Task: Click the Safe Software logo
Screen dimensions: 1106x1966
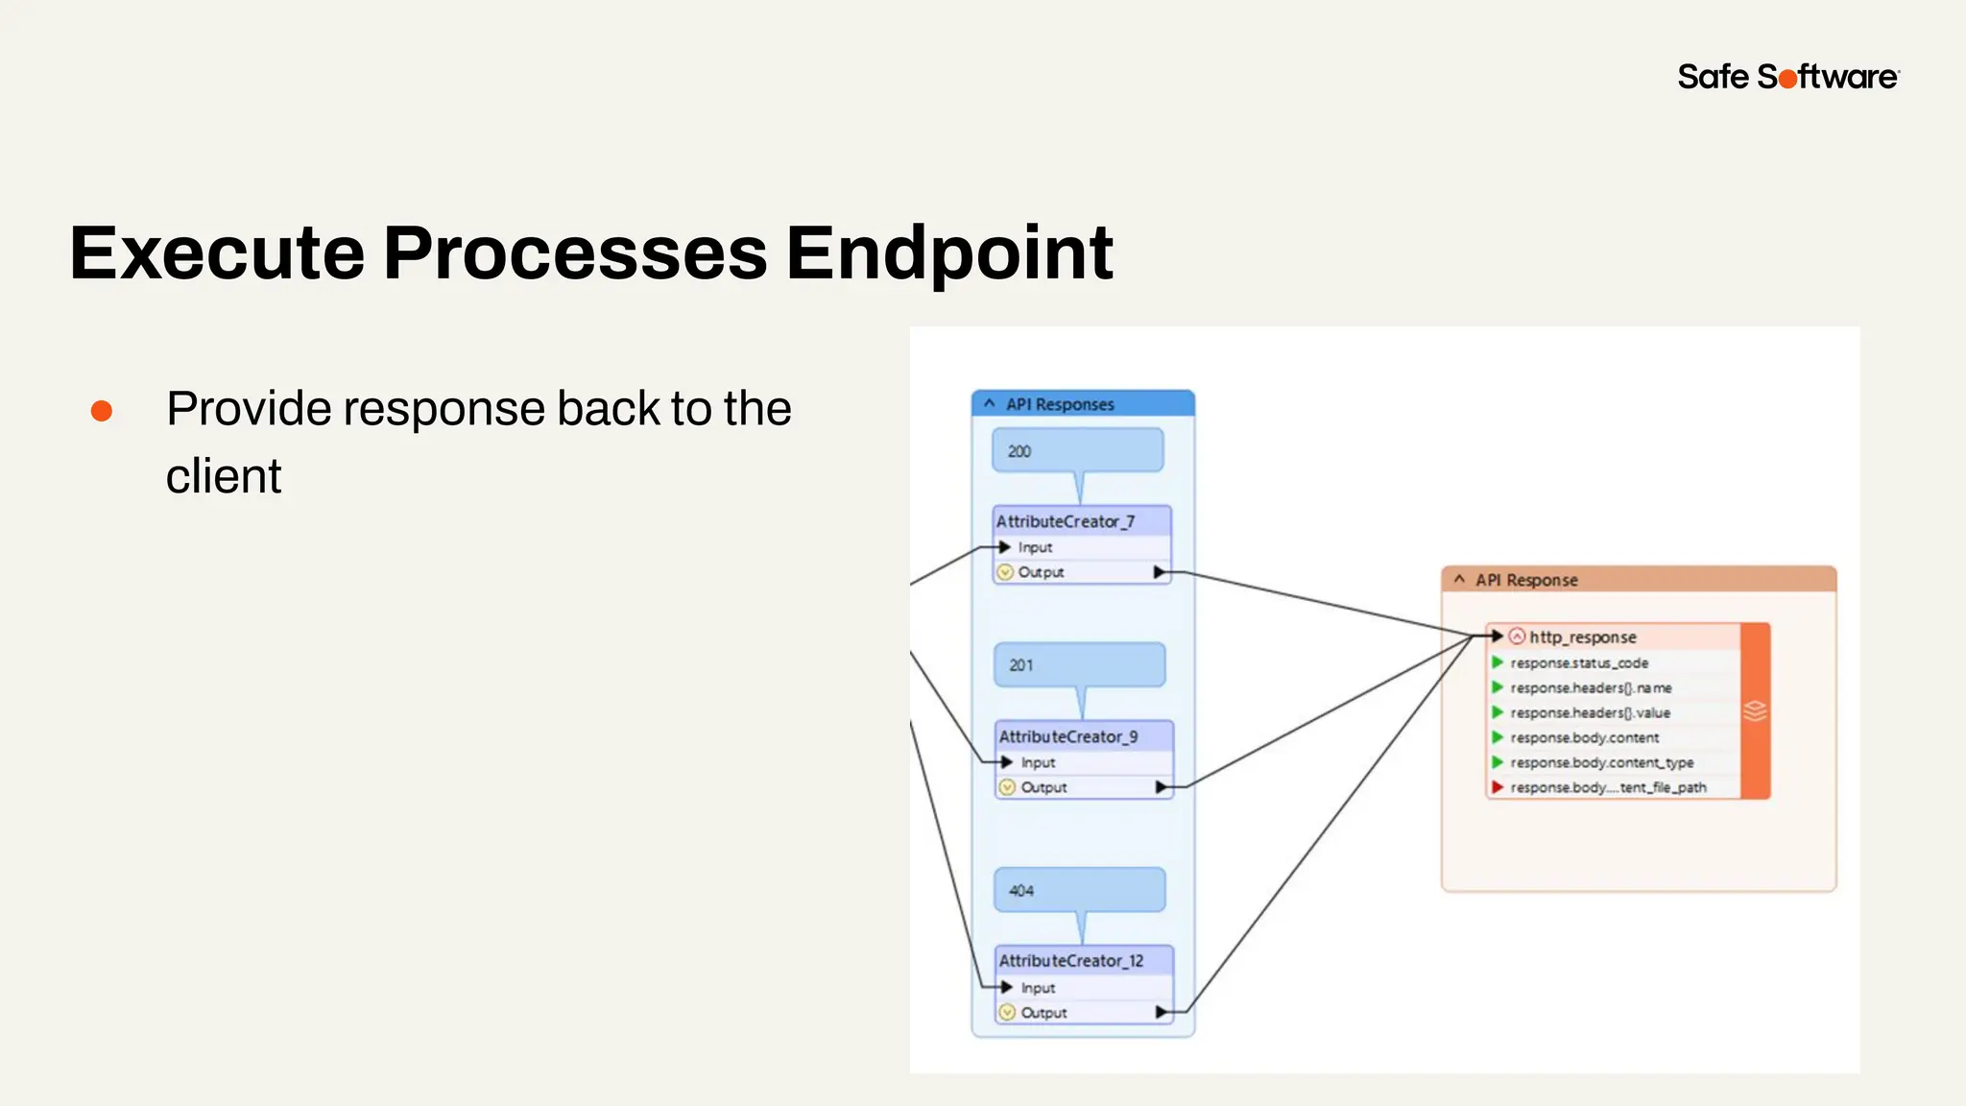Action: (1787, 77)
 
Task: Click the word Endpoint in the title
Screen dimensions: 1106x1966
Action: (949, 253)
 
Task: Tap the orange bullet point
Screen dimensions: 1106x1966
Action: (102, 412)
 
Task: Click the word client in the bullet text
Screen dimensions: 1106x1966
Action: (224, 476)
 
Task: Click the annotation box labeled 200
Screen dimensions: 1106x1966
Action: (1077, 451)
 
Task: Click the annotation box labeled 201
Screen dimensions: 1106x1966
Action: (1079, 665)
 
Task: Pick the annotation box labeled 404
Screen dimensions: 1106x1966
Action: (1079, 891)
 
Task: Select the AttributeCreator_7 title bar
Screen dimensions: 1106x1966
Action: (1081, 521)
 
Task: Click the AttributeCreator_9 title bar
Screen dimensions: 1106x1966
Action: (1083, 736)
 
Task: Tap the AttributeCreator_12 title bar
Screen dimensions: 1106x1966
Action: (1083, 961)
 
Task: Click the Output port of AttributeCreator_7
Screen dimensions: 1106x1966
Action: (1042, 572)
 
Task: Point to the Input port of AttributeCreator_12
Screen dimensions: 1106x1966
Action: (1037, 988)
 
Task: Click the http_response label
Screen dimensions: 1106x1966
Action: (1582, 637)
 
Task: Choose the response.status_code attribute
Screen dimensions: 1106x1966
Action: (1578, 663)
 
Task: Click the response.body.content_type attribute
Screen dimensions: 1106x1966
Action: (1601, 763)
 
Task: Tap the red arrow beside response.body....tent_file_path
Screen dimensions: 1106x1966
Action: (1497, 787)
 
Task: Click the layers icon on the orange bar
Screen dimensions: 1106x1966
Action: (1755, 711)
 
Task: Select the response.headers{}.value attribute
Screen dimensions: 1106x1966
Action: (1590, 713)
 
